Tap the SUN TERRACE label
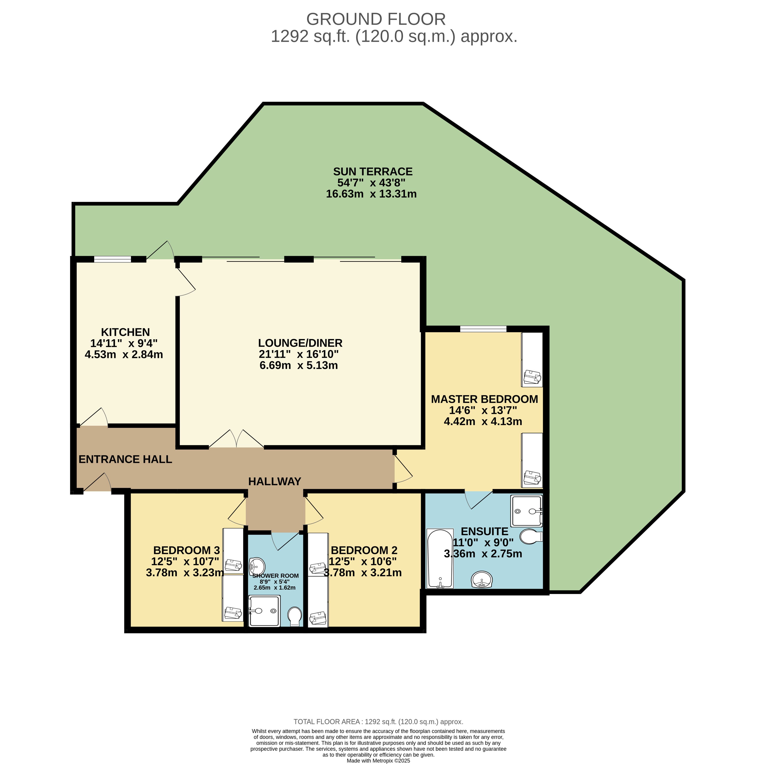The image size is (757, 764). (x=373, y=172)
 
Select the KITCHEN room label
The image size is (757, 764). (x=125, y=332)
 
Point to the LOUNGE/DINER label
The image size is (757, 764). (x=300, y=343)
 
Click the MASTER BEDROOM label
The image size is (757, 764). (x=484, y=399)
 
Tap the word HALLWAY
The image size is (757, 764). (x=274, y=481)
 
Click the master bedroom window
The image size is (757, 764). (x=483, y=329)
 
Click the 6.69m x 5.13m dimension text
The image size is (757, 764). (x=299, y=365)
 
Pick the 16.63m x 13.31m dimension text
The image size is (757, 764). (x=371, y=194)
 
